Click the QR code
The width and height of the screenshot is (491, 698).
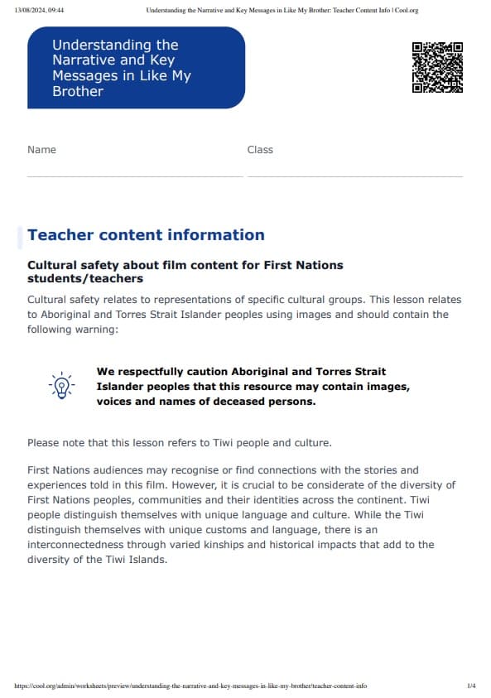pos(437,67)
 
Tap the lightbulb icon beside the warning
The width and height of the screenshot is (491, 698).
pos(61,386)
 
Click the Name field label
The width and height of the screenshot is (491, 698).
pos(41,150)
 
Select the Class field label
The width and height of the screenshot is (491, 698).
pos(260,150)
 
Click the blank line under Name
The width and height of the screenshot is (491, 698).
pos(135,176)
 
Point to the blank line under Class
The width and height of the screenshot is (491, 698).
pos(354,176)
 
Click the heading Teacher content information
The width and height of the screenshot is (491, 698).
pos(146,234)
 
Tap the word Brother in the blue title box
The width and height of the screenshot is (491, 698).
pos(78,91)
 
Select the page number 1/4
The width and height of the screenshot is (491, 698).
pos(471,686)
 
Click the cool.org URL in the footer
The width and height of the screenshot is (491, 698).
pos(190,686)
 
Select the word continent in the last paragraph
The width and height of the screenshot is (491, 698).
pos(407,499)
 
